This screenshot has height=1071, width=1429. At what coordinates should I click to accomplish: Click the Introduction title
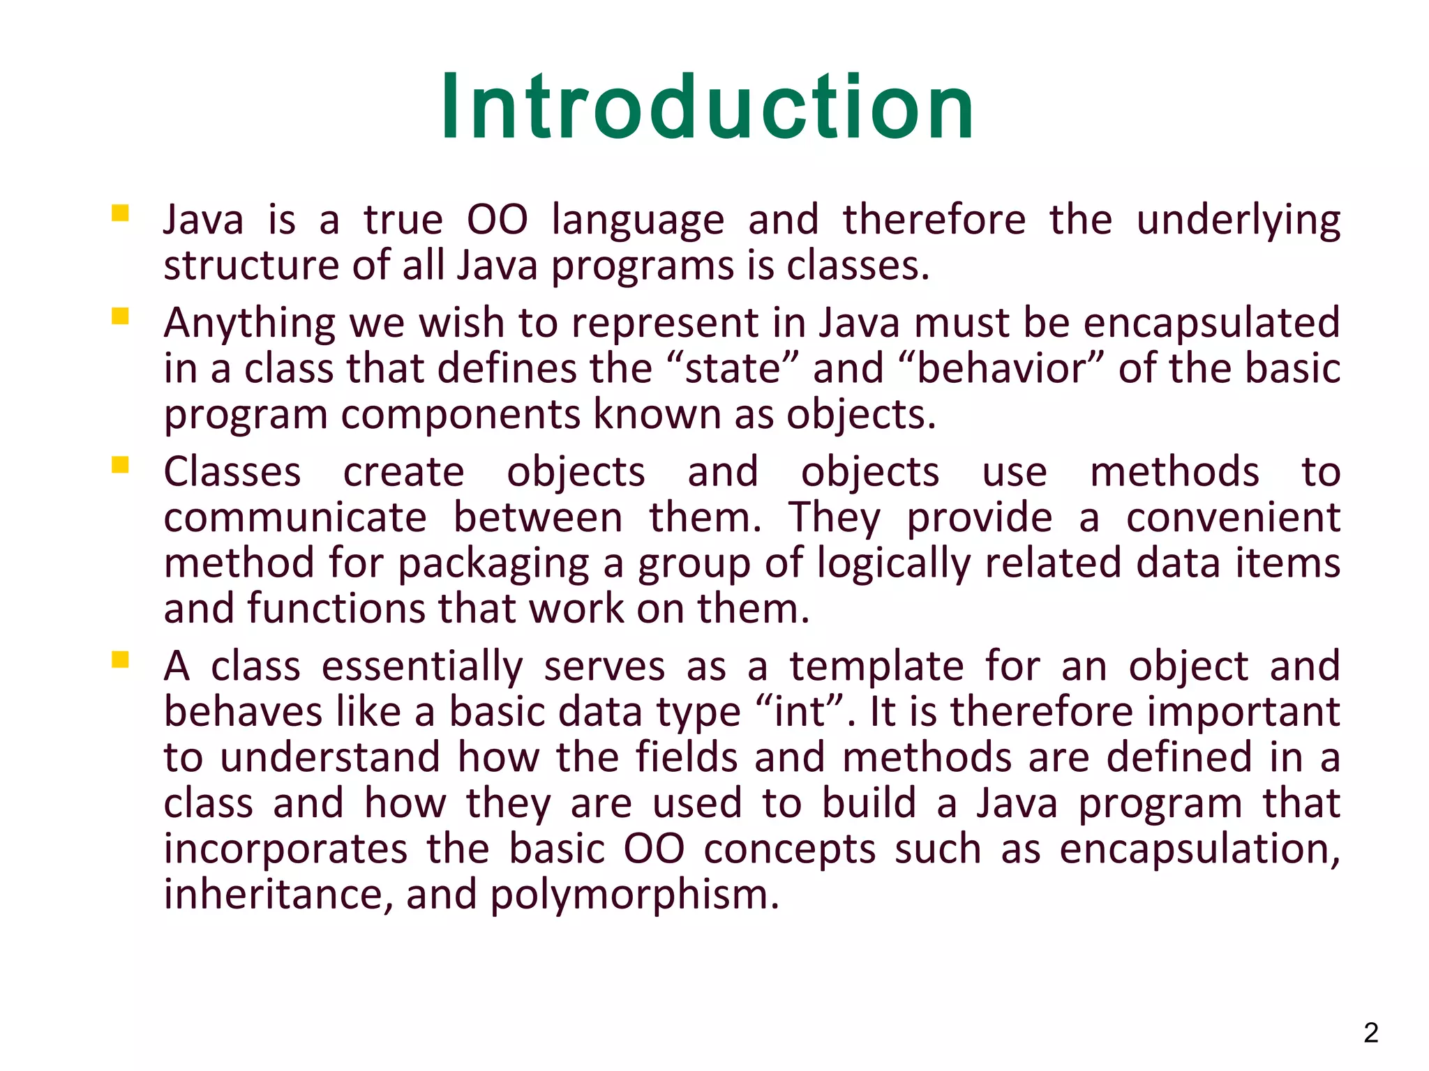click(x=707, y=108)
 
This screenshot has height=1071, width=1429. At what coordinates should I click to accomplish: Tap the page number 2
click(x=1371, y=1033)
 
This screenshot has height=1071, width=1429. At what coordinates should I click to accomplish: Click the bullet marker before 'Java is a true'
click(x=120, y=213)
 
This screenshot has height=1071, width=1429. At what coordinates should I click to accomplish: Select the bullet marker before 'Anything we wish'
click(x=120, y=317)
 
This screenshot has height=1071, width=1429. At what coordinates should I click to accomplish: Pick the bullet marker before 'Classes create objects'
click(x=120, y=465)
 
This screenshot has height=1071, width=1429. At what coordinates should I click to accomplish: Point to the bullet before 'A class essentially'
click(x=120, y=660)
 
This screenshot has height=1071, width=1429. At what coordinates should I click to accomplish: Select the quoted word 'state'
click(x=732, y=369)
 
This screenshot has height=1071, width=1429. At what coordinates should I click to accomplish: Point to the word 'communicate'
click(x=294, y=518)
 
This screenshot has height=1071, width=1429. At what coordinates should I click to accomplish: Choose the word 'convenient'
click(x=1233, y=518)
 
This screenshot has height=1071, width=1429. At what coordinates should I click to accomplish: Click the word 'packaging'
click(x=493, y=565)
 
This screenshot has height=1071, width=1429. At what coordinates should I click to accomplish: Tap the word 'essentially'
click(x=421, y=666)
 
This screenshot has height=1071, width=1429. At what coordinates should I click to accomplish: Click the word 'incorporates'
click(x=285, y=850)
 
